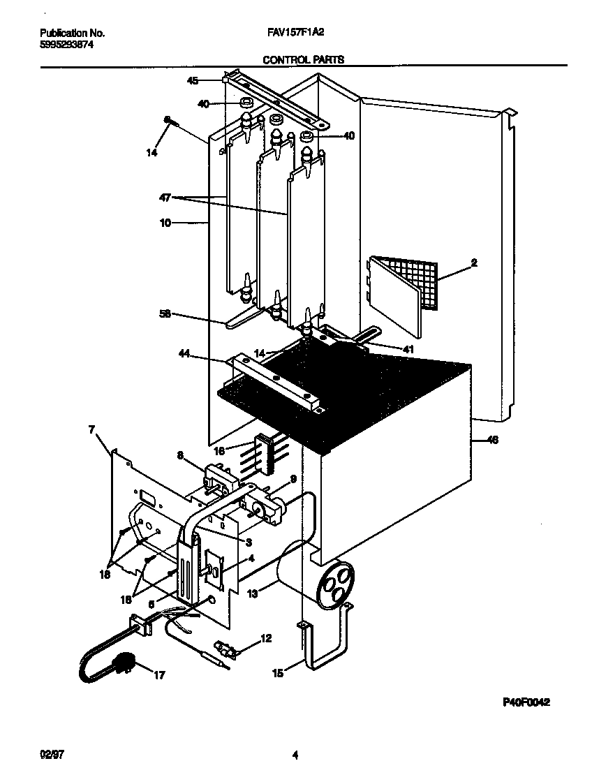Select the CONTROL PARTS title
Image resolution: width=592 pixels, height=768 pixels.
(x=303, y=60)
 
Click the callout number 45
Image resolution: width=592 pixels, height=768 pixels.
(x=193, y=81)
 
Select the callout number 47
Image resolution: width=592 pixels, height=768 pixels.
(x=164, y=198)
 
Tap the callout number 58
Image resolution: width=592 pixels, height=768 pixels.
(x=164, y=315)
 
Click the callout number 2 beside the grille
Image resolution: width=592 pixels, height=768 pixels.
(x=473, y=263)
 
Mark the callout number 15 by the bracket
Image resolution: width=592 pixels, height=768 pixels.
(x=277, y=674)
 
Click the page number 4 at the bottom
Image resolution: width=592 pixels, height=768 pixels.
(x=295, y=755)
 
